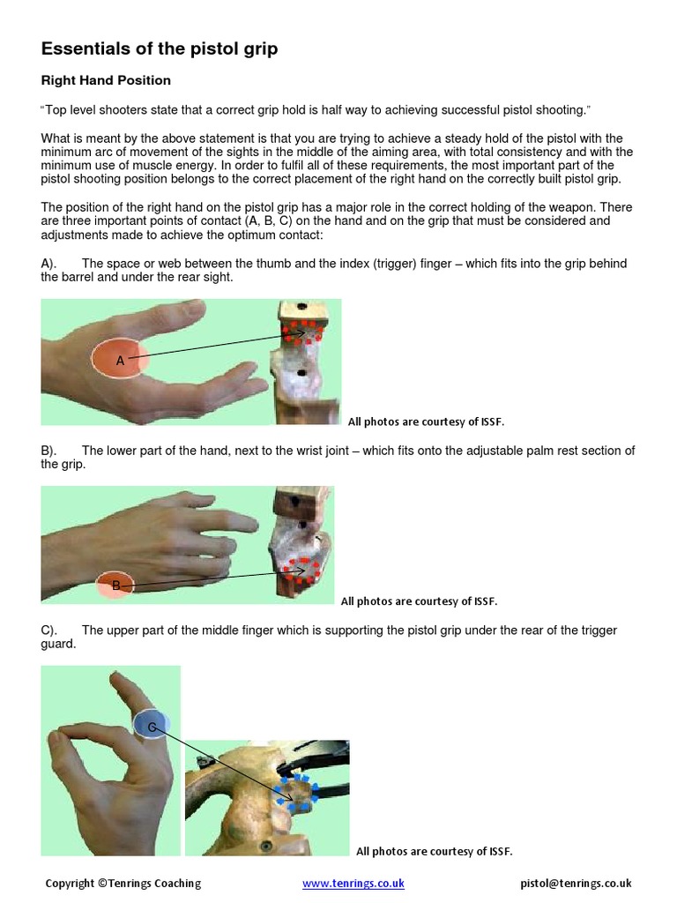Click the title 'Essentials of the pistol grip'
point(160,49)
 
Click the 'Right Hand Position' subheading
point(106,80)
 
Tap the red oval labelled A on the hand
point(121,359)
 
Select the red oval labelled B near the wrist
point(115,585)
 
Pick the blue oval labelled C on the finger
point(152,724)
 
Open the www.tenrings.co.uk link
point(353,883)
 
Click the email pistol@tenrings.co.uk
point(576,883)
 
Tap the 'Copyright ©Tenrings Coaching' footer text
point(123,883)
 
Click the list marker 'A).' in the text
point(49,264)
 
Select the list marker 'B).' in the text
point(49,451)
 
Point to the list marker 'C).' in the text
point(49,631)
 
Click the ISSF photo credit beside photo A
point(426,422)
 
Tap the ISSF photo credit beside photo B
point(419,601)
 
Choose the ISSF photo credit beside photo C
point(434,851)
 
